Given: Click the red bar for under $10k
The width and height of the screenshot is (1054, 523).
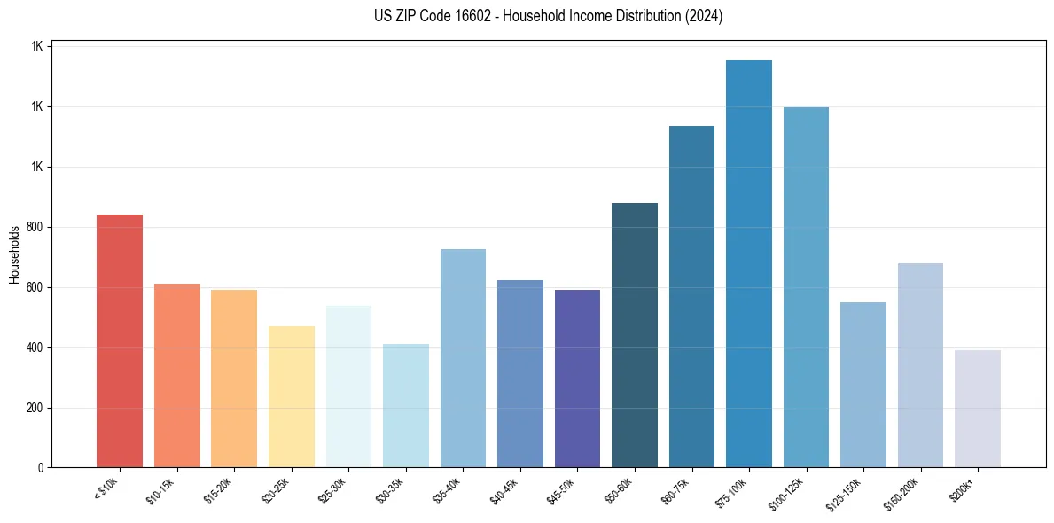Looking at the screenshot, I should click(120, 341).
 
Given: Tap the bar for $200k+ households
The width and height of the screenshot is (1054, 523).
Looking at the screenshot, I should click(978, 409).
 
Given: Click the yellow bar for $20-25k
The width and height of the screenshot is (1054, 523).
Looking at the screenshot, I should click(292, 397).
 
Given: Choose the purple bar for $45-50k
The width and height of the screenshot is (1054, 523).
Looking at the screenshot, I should click(577, 379).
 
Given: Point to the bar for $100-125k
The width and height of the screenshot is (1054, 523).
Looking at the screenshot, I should click(806, 287).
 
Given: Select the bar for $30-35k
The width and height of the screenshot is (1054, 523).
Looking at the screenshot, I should click(406, 406).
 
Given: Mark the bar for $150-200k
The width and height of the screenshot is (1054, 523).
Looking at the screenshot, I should click(920, 365).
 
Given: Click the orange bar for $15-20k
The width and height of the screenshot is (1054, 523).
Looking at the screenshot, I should click(234, 379).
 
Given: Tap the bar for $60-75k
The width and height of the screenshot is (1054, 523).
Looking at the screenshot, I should click(691, 297).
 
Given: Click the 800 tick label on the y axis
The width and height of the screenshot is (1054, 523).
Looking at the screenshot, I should click(35, 228).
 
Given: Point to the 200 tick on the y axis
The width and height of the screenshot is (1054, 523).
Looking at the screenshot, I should click(35, 409).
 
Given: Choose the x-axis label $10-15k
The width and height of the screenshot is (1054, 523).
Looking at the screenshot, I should click(162, 489).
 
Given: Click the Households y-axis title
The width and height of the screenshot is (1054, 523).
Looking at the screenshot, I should click(14, 255).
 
